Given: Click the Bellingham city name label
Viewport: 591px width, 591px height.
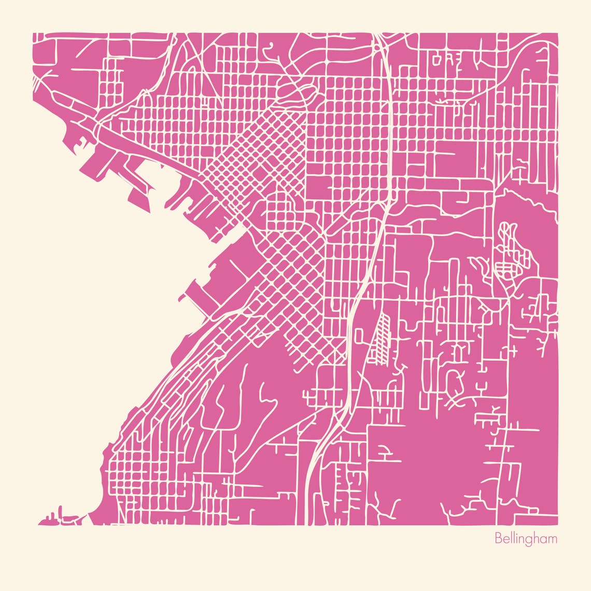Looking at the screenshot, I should [526, 539].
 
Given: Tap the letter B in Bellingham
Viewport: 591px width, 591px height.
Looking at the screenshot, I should [498, 538].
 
